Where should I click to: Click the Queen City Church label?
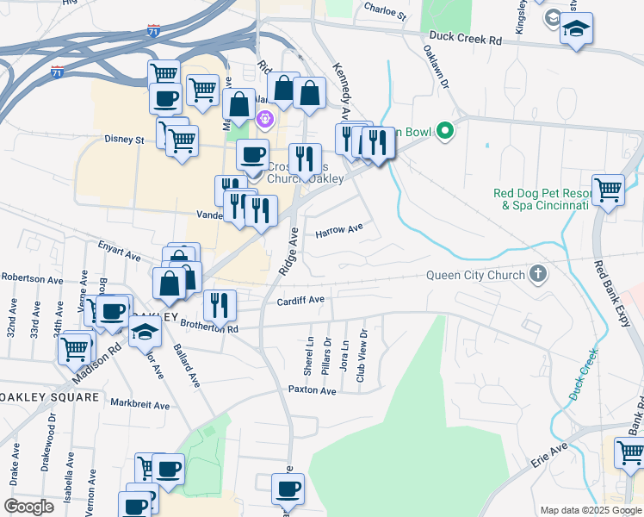pyautogui.click(x=476, y=276)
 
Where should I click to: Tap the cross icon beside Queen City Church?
pyautogui.click(x=538, y=276)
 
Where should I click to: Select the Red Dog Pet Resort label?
pyautogui.click(x=540, y=200)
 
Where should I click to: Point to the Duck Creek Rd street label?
pyautogui.click(x=465, y=40)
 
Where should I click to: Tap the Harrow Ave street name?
pyautogui.click(x=339, y=232)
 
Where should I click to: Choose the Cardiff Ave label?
pyautogui.click(x=300, y=300)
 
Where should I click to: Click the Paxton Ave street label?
pyautogui.click(x=312, y=390)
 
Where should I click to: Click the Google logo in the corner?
pyautogui.click(x=28, y=507)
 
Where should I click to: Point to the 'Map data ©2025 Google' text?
pyautogui.click(x=590, y=510)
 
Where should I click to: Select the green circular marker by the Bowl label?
pyautogui.click(x=444, y=132)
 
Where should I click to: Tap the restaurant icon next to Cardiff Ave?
pyautogui.click(x=220, y=303)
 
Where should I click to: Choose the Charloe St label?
pyautogui.click(x=384, y=14)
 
